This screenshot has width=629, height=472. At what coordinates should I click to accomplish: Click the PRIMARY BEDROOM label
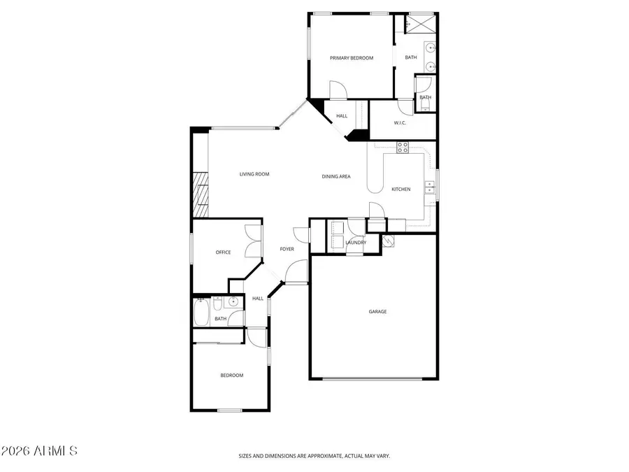(x=352, y=58)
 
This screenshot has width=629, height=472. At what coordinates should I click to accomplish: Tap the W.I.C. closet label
(x=400, y=123)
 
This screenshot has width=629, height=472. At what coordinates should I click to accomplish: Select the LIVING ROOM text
(x=254, y=174)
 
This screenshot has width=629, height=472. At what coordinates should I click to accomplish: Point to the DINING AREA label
(x=335, y=177)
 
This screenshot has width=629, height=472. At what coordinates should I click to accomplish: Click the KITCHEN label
(x=400, y=189)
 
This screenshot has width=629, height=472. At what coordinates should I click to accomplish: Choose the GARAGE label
(x=377, y=312)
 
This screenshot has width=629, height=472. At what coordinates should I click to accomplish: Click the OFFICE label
(x=223, y=252)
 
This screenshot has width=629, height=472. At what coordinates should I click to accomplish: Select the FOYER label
(x=287, y=249)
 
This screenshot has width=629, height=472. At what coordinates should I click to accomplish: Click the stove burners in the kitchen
(x=403, y=147)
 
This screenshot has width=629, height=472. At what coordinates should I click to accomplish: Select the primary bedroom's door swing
(x=337, y=90)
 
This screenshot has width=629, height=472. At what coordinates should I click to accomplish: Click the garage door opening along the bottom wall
(x=372, y=379)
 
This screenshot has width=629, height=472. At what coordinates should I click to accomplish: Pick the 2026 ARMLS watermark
(x=38, y=451)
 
